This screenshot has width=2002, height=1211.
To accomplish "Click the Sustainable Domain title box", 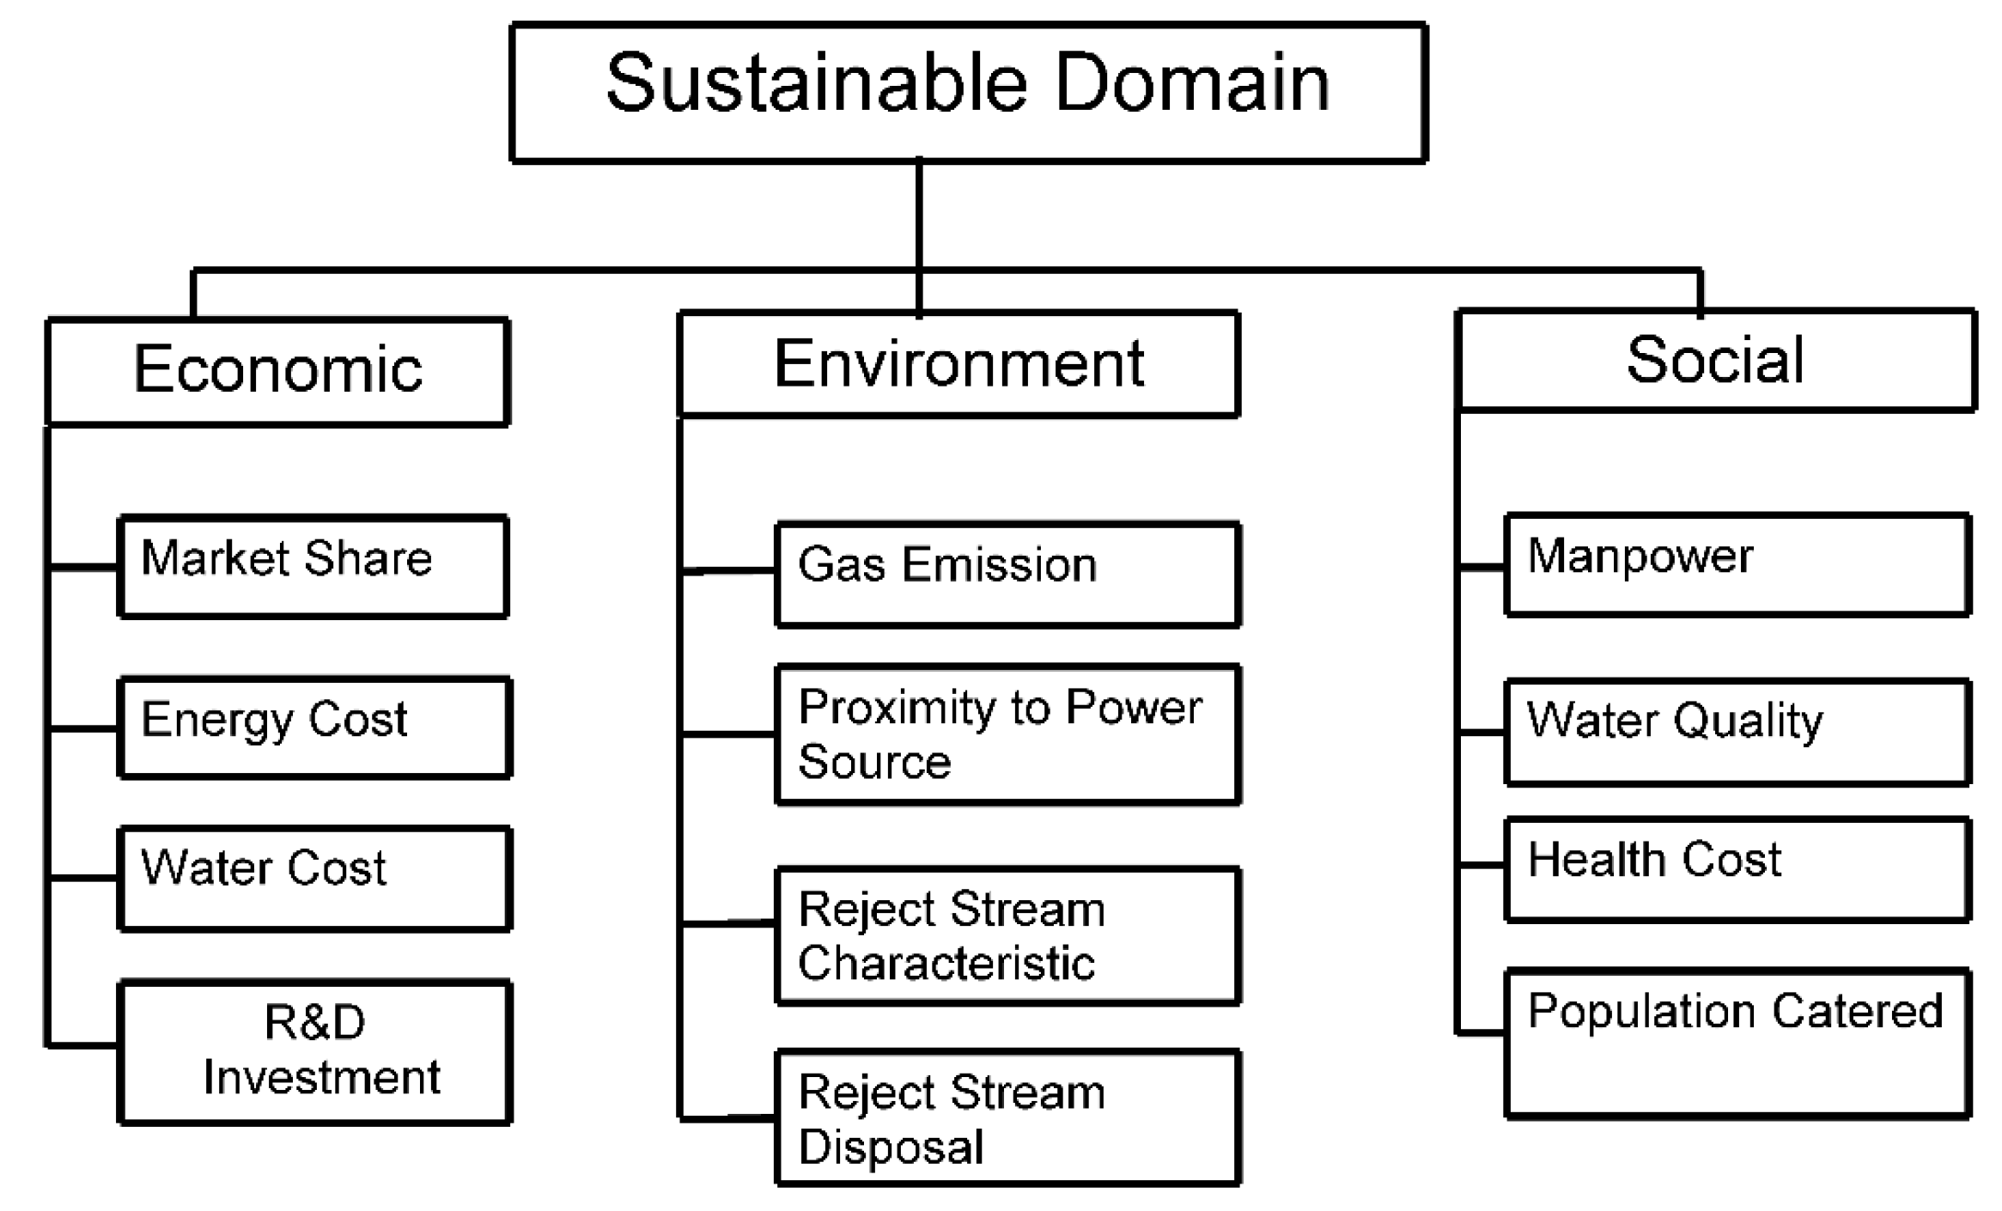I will click(x=968, y=93).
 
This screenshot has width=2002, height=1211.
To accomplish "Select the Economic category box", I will click(x=277, y=371).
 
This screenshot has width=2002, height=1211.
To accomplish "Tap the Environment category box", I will click(x=958, y=364).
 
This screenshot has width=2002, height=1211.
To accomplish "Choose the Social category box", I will click(x=1715, y=361).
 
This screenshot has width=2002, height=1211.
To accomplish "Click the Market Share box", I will click(x=313, y=566).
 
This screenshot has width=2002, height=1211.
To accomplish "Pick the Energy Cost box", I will click(x=314, y=727).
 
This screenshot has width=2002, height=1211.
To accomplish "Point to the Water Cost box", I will click(x=314, y=878).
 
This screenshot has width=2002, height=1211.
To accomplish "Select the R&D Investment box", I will click(x=314, y=1051).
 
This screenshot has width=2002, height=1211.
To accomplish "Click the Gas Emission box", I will click(x=1007, y=574).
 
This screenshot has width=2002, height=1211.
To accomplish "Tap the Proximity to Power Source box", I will click(x=1007, y=734).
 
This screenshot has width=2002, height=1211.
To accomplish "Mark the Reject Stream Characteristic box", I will click(x=1007, y=935).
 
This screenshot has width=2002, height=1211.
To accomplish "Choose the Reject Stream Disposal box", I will click(x=1007, y=1117).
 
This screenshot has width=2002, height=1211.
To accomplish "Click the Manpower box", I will click(x=1737, y=564).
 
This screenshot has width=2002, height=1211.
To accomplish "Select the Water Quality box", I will click(x=1737, y=732).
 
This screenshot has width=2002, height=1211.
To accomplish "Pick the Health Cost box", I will click(x=1737, y=869).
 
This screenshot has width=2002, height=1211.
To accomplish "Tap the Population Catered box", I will click(x=1737, y=1043).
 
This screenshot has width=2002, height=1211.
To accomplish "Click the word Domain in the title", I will click(x=1191, y=83).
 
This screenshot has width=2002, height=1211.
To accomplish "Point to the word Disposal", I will click(x=891, y=1147).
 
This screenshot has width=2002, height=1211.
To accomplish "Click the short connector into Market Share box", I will click(x=83, y=567).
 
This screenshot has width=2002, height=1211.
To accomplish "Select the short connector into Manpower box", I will click(x=1482, y=567).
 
